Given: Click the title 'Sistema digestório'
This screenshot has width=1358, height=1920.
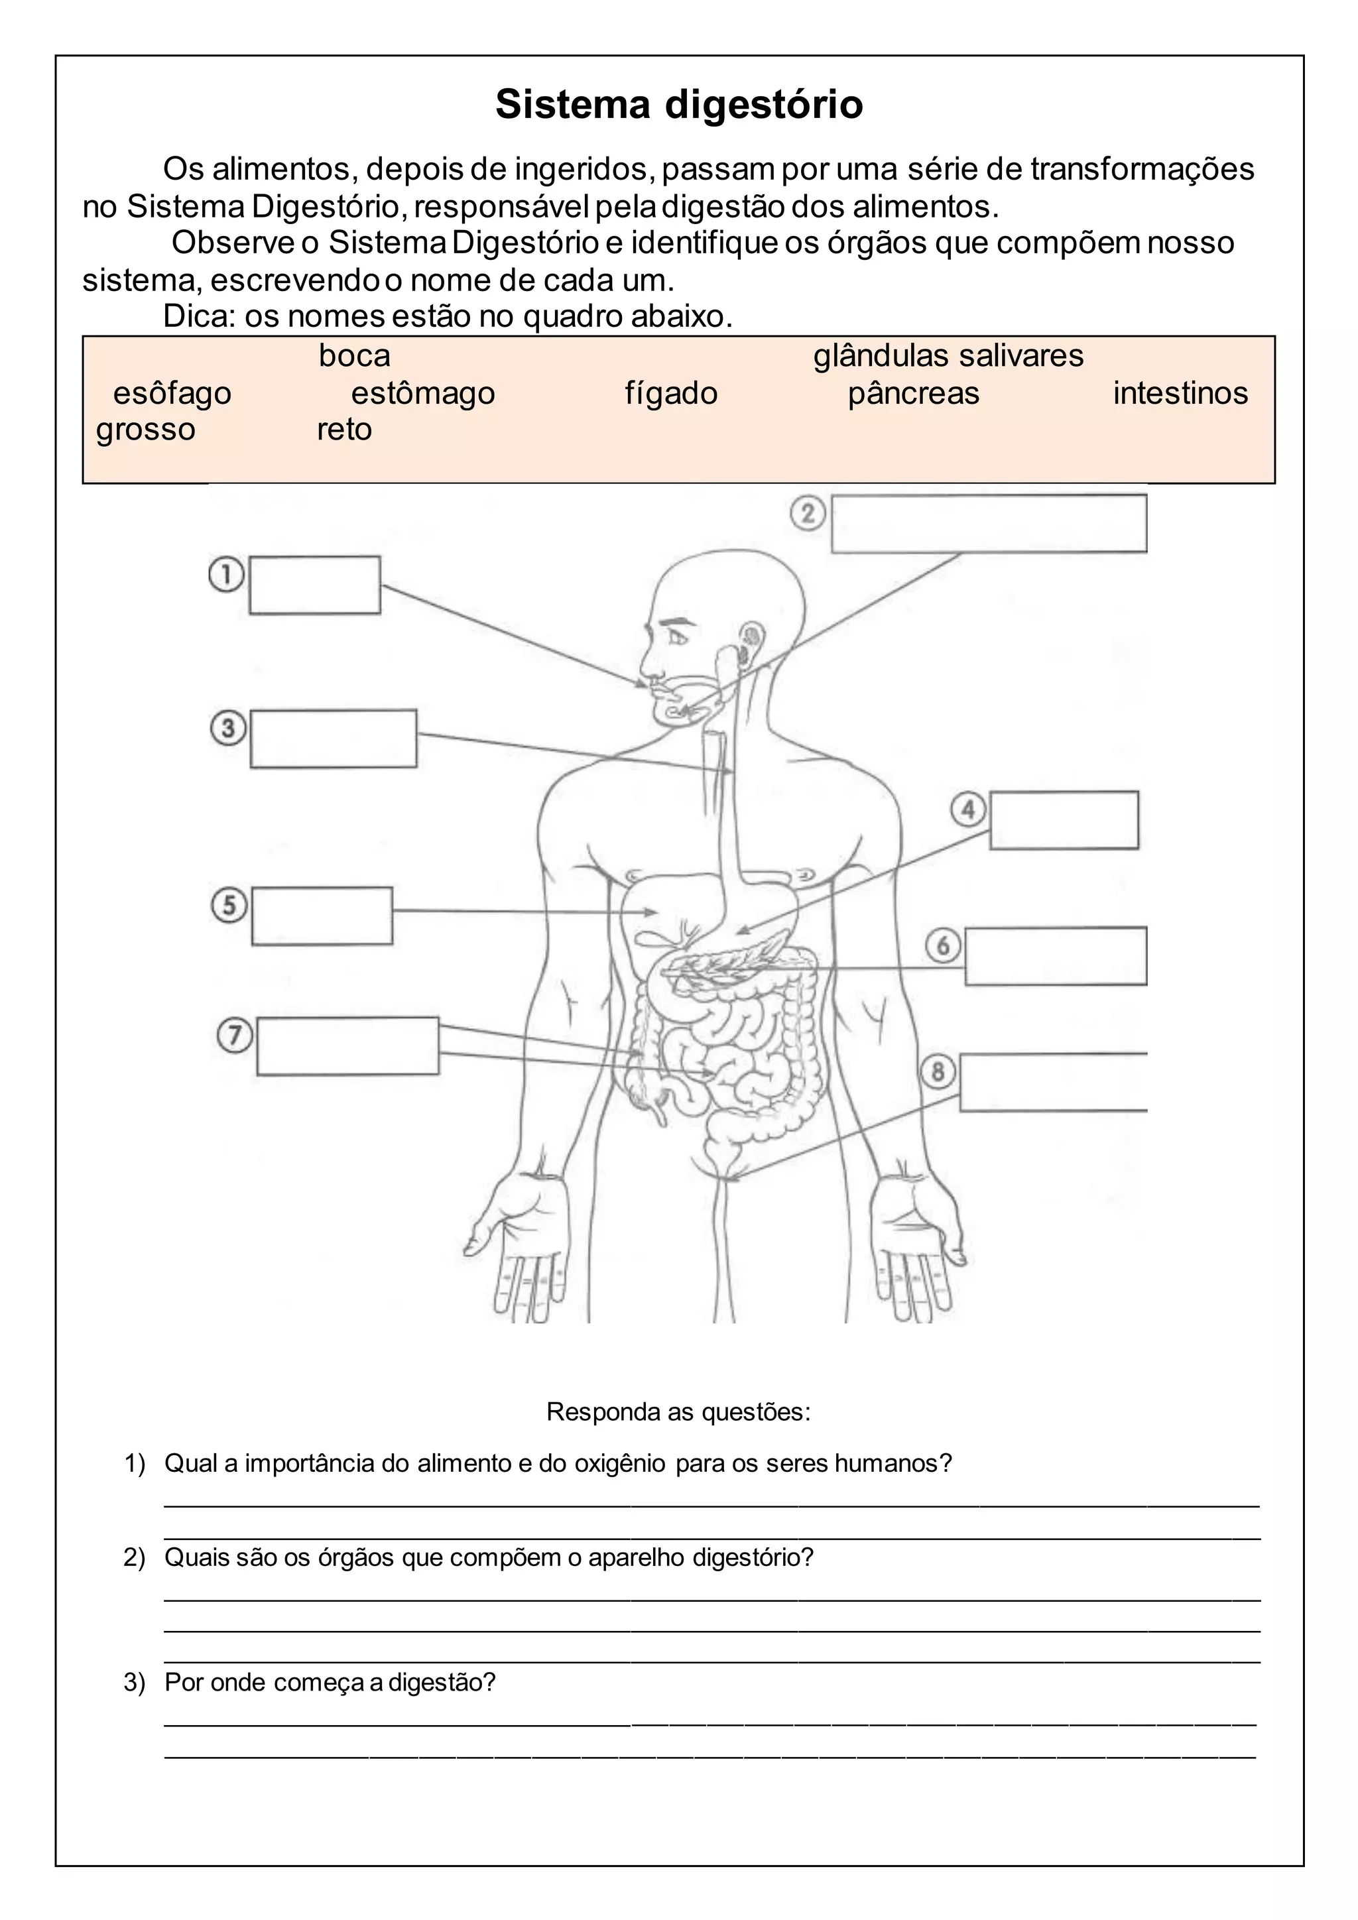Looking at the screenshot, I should click(x=679, y=105).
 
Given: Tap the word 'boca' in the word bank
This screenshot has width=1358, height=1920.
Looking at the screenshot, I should click(x=355, y=356).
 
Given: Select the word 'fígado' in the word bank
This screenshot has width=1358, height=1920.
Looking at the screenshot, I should click(x=670, y=393).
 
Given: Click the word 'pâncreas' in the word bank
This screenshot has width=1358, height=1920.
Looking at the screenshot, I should click(x=913, y=393).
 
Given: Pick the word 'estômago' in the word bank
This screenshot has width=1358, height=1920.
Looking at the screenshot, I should click(x=423, y=393).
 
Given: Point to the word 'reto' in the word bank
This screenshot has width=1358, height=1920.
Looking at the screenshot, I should click(x=343, y=430).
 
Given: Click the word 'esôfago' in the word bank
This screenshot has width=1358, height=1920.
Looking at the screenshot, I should click(x=172, y=393).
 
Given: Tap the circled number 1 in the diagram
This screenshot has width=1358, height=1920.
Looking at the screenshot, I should click(x=225, y=575).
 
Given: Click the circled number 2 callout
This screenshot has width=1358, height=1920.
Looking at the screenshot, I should click(x=808, y=512).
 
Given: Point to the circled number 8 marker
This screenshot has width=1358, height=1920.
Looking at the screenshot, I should click(x=938, y=1072).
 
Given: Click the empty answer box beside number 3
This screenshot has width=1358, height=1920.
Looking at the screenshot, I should click(x=334, y=739).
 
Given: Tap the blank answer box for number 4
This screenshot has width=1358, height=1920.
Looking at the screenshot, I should click(x=1064, y=820).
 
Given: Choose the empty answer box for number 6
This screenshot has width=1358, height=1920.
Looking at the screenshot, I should click(x=1055, y=956).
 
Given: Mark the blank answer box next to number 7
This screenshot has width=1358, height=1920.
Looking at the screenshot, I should click(x=348, y=1046).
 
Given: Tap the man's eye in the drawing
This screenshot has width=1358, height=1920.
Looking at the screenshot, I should click(x=676, y=638).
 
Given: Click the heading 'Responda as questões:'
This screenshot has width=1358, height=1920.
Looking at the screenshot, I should click(x=678, y=1411).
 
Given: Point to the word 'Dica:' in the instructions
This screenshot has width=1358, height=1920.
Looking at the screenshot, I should click(x=199, y=316).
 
